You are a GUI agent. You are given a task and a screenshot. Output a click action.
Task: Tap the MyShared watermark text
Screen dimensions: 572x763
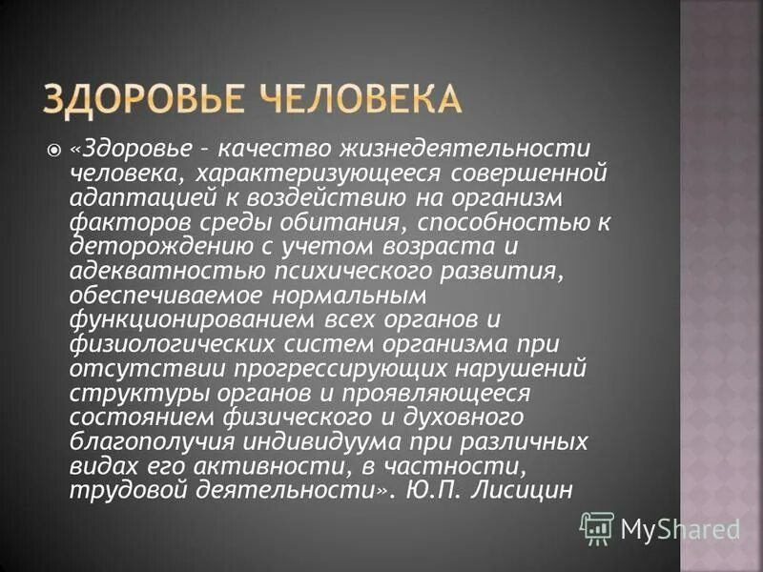(680, 527)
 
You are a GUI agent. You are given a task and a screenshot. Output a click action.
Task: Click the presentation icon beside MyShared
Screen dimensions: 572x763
(597, 527)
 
